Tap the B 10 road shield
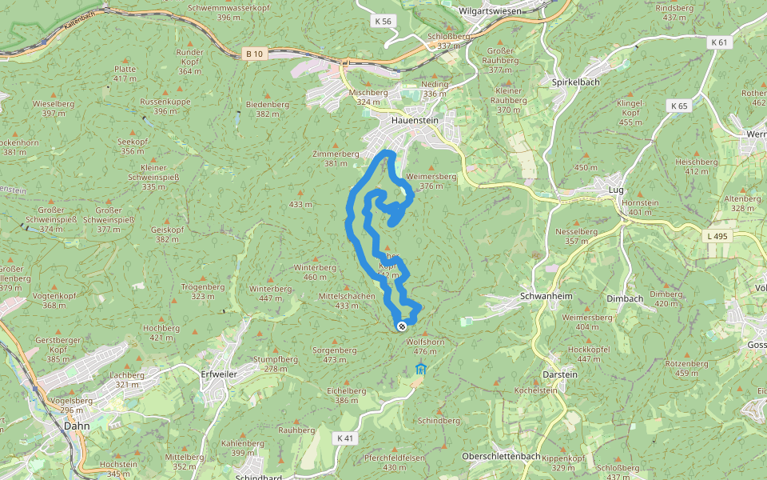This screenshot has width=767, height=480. (x=254, y=54)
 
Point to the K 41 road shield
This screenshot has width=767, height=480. (x=344, y=438)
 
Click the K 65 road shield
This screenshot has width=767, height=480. (x=679, y=106)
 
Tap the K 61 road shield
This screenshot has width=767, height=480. (x=719, y=42)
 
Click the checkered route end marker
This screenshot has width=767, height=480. (x=402, y=326)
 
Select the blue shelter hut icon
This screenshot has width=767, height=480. (x=421, y=369)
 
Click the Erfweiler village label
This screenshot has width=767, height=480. (x=221, y=374)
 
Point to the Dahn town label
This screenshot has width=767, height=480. (x=77, y=426)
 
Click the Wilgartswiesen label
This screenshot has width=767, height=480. (x=491, y=11)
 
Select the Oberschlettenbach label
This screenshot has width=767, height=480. (x=501, y=456)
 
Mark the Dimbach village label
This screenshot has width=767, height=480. (x=625, y=298)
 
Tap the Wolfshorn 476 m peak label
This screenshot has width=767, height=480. (x=425, y=346)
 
